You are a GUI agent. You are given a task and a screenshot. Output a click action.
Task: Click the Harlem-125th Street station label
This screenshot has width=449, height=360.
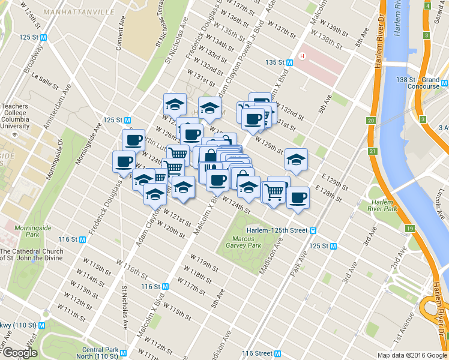click(277, 230)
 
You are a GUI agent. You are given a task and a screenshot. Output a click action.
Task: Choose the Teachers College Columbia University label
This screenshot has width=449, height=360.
click(15, 116)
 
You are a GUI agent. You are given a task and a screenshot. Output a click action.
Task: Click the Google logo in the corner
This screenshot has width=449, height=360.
click(19, 353)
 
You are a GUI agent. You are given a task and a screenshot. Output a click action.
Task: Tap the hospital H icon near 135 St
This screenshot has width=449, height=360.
click(303, 57)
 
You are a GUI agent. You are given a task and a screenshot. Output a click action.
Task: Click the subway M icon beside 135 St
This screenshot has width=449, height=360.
click(290, 62)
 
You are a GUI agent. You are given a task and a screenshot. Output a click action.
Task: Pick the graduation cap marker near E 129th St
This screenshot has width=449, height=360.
click(296, 160)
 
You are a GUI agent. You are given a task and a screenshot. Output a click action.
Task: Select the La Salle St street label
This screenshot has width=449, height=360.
click(43, 77)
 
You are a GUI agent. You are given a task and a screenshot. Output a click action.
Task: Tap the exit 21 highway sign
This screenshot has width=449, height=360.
click(373, 150)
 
